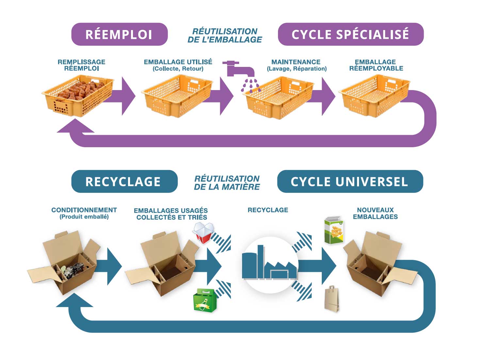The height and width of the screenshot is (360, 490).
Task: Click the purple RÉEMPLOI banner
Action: pos(119,34)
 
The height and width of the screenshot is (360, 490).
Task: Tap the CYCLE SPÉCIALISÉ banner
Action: pos(351,34)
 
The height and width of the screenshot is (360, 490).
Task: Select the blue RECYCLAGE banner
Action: pos(124,181)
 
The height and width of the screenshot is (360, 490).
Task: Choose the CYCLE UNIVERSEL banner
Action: pos(350,181)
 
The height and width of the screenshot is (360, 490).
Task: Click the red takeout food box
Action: pos(203,233)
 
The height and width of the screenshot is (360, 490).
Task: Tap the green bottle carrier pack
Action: pos(205,300)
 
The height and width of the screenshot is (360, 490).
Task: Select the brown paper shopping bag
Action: pos(332,299)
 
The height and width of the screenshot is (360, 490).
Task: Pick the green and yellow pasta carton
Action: pos(334,230)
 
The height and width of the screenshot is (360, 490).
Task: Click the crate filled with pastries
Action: pos(78,95)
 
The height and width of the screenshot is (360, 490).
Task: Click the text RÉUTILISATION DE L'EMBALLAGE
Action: pos(225,36)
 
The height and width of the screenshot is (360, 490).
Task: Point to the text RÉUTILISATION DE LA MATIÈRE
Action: pos(227,183)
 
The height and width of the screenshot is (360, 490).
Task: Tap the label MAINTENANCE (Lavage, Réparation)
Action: pos(296,65)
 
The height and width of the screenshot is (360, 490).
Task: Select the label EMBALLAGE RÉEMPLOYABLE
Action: pos(376,65)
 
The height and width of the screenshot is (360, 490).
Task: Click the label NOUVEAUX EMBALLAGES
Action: pos(375,213)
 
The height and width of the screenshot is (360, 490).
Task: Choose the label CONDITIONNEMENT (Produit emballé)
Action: pos(84,213)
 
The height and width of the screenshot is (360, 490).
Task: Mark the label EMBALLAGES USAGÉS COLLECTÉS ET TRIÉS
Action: pos(171,214)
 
